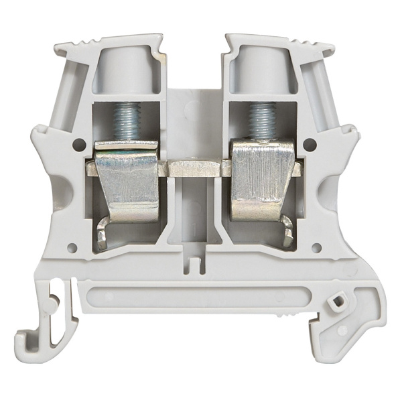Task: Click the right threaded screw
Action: click(262, 119)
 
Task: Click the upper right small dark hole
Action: click(310, 143)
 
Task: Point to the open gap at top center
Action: click(194, 60)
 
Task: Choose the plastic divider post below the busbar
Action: click(194, 214)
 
